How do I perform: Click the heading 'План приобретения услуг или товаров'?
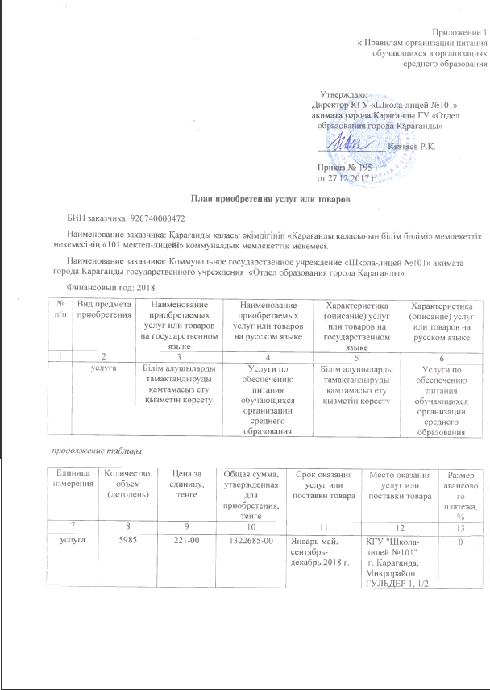pyautogui.click(x=247, y=198)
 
